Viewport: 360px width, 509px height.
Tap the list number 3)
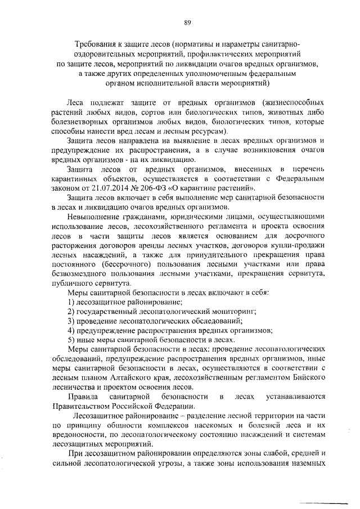pos(71,321)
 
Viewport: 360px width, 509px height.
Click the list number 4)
pos(71,330)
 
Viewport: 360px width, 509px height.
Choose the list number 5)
pos(71,340)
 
